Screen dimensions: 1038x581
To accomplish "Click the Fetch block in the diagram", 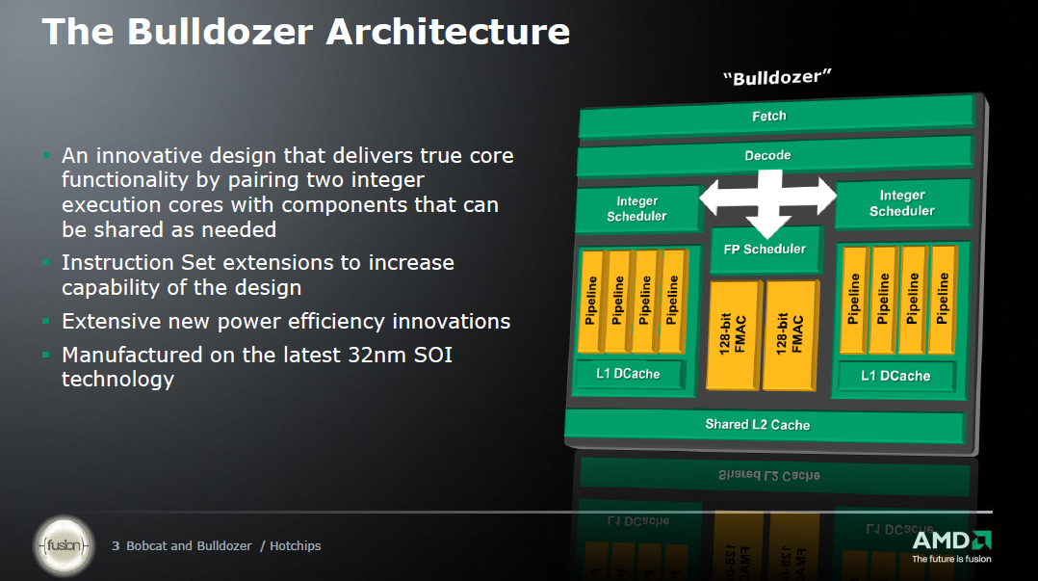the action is coord(776,116).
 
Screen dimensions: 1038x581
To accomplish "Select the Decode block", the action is coord(774,156).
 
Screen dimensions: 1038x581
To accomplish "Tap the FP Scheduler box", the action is coord(766,250).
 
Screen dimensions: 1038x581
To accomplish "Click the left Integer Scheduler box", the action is coord(637,209).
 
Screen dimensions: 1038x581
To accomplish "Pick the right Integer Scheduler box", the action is coord(903,202).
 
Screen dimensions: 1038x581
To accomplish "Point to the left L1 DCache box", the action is coord(628,374).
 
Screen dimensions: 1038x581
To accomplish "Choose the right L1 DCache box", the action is coord(895,377).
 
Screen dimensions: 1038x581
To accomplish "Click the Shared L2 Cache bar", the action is coord(764,425).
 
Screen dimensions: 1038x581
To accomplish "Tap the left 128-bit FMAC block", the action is coord(734,334).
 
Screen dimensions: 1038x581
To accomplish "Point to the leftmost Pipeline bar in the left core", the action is coord(591,302).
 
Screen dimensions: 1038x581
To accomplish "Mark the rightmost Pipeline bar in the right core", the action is coord(943,300).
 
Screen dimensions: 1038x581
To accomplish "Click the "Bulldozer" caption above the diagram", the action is coord(776,77).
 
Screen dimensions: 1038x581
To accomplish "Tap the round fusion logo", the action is coord(65,546).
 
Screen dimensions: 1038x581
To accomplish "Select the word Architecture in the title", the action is coord(448,31).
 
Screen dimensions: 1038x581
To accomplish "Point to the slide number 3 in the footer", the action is coord(116,546).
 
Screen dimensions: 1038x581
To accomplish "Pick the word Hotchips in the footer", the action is coord(296,546).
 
